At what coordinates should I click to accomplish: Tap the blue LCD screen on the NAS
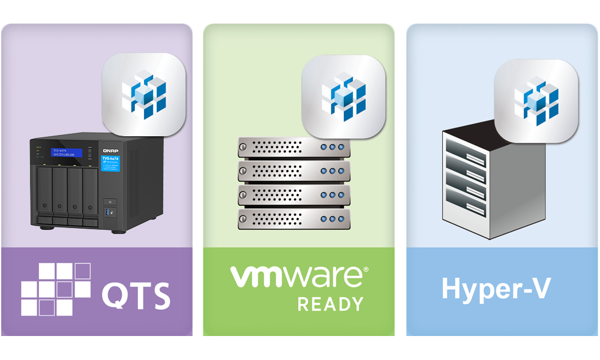pos(66,152)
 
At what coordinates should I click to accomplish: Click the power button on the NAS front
pos(111,202)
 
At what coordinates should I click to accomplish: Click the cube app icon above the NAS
pos(144,94)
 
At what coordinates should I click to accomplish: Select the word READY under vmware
pos(331,304)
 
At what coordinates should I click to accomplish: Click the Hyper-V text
pos(496,289)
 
